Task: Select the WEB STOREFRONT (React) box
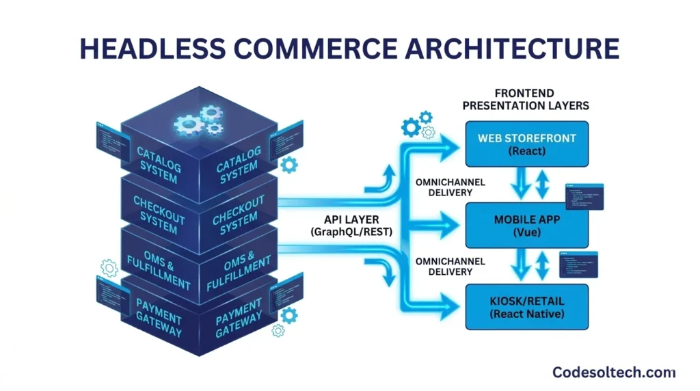526,144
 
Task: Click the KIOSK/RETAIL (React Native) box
526,308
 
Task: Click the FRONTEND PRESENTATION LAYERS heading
526,100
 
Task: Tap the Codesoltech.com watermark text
612,372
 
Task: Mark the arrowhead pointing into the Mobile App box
451,221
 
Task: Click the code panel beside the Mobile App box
584,197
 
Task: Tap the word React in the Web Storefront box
526,151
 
